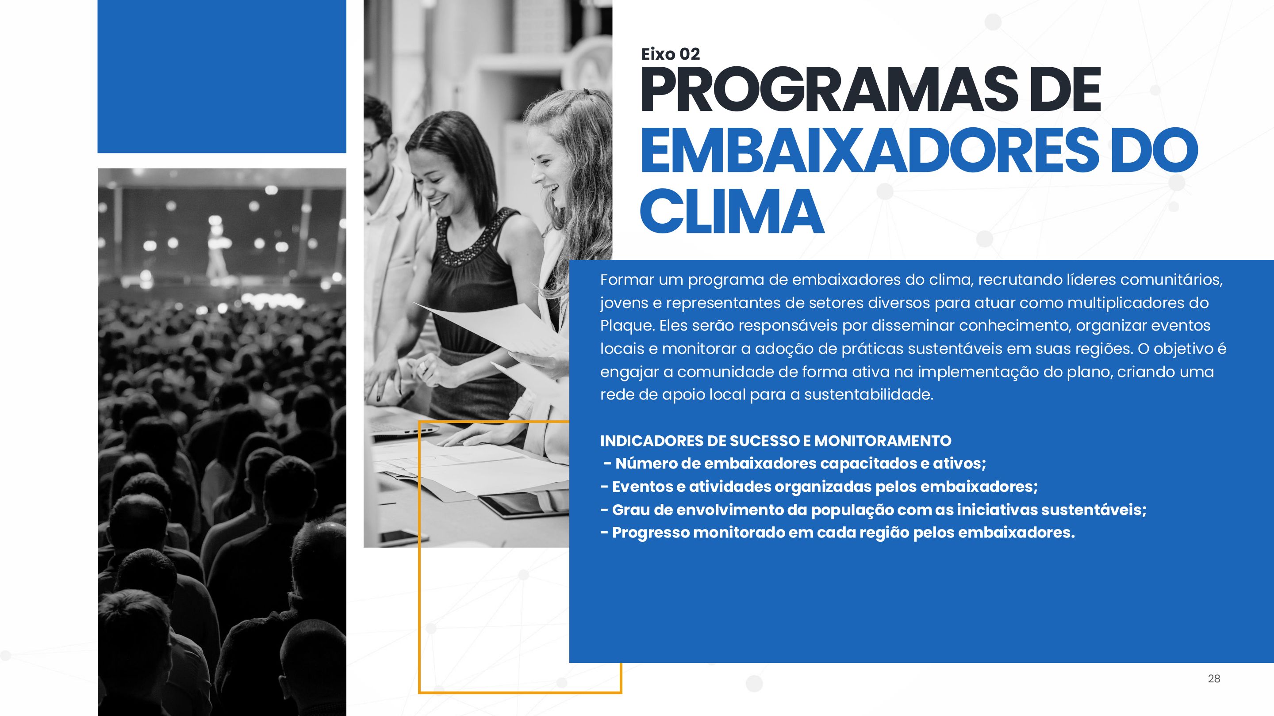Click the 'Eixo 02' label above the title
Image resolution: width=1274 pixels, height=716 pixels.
click(670, 54)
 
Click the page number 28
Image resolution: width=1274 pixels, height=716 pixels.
click(1214, 678)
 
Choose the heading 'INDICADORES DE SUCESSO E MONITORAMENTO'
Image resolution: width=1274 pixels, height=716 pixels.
click(775, 440)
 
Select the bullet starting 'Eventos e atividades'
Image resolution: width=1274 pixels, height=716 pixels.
click(819, 487)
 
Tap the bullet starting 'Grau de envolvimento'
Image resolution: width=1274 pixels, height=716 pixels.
click(873, 510)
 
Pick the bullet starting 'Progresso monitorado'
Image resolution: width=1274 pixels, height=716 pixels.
click(838, 533)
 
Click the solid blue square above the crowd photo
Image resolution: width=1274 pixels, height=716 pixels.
click(222, 76)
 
